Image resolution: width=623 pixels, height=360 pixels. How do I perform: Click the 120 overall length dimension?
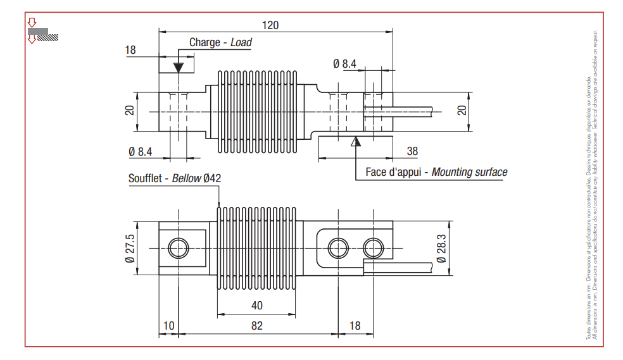pyautogui.click(x=270, y=25)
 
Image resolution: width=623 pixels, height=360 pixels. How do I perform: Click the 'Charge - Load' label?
pyautogui.click(x=220, y=42)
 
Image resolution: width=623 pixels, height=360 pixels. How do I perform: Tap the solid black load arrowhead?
pyautogui.click(x=179, y=65)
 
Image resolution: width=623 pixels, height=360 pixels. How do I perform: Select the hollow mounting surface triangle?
pyautogui.click(x=356, y=141)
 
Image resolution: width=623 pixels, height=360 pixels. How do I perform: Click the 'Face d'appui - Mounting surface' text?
pyautogui.click(x=436, y=172)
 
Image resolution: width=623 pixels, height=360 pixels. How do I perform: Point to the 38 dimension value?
pyautogui.click(x=412, y=151)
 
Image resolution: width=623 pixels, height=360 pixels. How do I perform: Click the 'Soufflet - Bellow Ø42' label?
pyautogui.click(x=175, y=178)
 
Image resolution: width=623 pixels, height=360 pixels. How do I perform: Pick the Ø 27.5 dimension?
pyautogui.click(x=130, y=247)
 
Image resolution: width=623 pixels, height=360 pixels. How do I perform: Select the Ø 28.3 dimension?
pyautogui.click(x=441, y=247)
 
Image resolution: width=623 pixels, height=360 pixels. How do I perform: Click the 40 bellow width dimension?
pyautogui.click(x=256, y=306)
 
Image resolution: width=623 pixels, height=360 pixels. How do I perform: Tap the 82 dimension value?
pyautogui.click(x=256, y=325)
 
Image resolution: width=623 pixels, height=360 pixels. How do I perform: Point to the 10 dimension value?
pyautogui.click(x=168, y=325)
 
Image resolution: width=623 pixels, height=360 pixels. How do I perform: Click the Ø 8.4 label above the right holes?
pyautogui.click(x=344, y=63)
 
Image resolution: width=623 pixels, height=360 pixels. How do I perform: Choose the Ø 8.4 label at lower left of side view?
pyautogui.click(x=141, y=151)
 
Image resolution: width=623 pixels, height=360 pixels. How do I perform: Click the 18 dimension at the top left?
pyautogui.click(x=131, y=50)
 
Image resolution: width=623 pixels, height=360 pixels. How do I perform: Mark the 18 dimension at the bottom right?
pyautogui.click(x=355, y=325)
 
